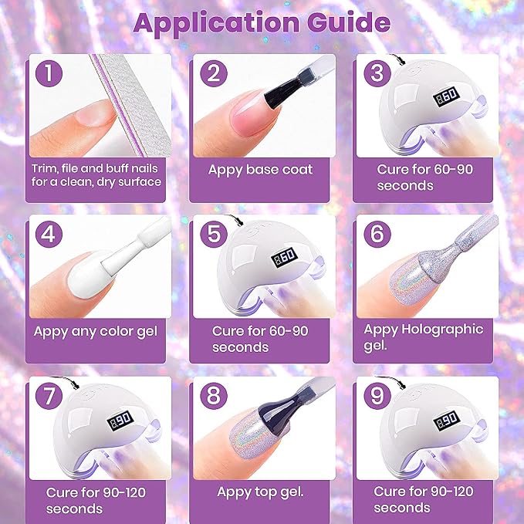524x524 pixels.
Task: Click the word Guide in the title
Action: point(349,23)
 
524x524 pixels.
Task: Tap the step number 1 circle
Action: point(49,73)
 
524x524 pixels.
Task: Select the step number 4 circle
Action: point(49,234)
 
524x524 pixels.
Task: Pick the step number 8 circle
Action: point(214,396)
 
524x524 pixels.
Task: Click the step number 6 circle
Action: point(377,234)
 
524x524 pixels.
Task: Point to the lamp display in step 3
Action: point(447,97)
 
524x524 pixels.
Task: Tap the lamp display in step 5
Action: point(284,257)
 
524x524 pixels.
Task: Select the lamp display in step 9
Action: point(447,421)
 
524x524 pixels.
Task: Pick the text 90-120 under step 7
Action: point(124,492)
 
